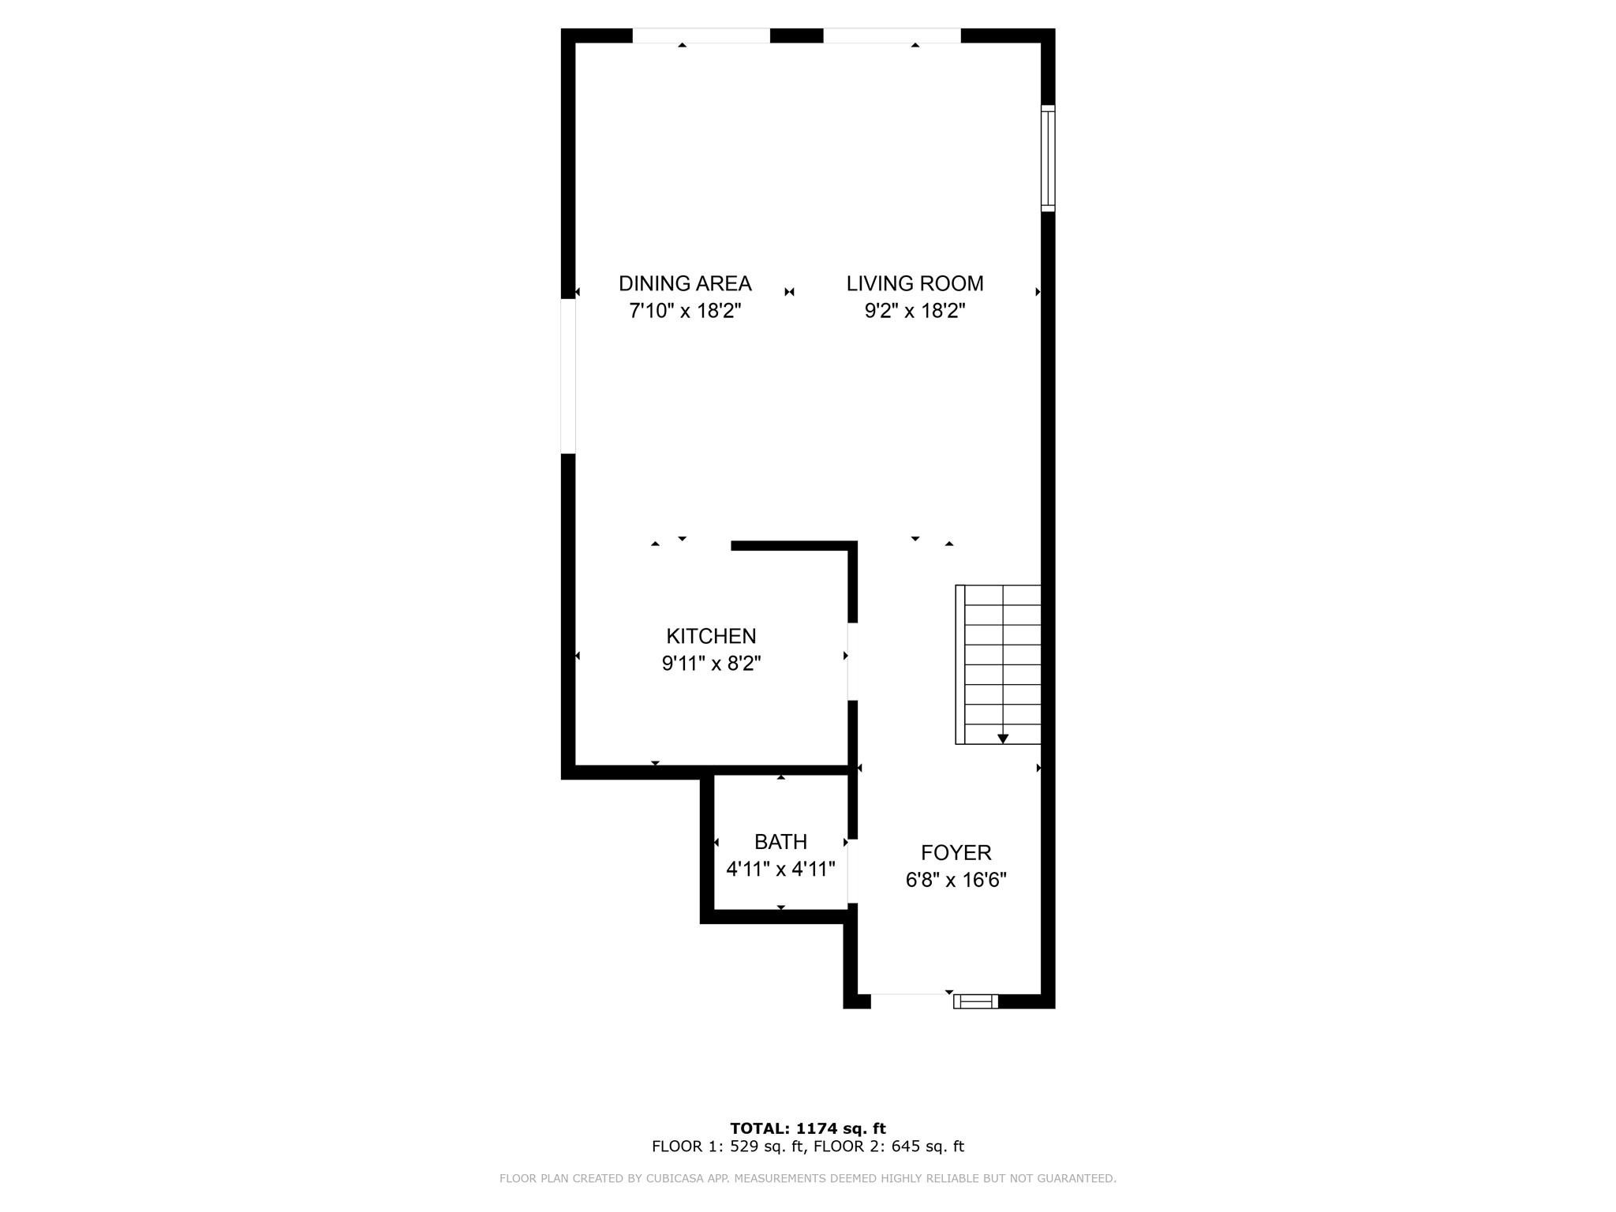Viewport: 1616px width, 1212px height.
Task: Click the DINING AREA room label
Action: (x=685, y=283)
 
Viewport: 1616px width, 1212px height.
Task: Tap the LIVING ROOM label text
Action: (x=915, y=283)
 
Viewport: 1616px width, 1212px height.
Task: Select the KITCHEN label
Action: (x=711, y=636)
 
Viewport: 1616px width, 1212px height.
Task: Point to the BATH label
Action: (x=780, y=842)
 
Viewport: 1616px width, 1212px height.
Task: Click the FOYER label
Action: (x=956, y=853)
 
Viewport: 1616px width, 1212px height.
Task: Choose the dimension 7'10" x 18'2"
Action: (x=685, y=311)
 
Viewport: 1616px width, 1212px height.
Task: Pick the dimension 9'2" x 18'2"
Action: (x=915, y=311)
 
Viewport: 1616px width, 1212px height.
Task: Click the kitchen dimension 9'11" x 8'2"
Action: (x=711, y=664)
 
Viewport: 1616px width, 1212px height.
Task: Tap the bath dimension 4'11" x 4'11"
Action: (x=780, y=870)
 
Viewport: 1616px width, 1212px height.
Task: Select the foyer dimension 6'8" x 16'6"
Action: (x=956, y=880)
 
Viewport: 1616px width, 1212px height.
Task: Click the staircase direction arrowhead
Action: (x=1003, y=739)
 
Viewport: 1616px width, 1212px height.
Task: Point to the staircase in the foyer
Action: (x=999, y=664)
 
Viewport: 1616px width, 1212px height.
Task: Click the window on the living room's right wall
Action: (x=1048, y=158)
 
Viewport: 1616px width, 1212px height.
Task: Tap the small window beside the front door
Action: (x=976, y=1001)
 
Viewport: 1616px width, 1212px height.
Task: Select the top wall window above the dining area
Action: (x=701, y=36)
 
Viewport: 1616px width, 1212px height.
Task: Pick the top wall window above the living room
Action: (x=892, y=36)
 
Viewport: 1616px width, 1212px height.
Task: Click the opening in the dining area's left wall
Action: (x=568, y=376)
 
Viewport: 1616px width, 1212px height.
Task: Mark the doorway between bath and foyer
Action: (x=852, y=871)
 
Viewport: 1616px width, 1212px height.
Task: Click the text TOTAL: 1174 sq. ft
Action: (x=808, y=1128)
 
